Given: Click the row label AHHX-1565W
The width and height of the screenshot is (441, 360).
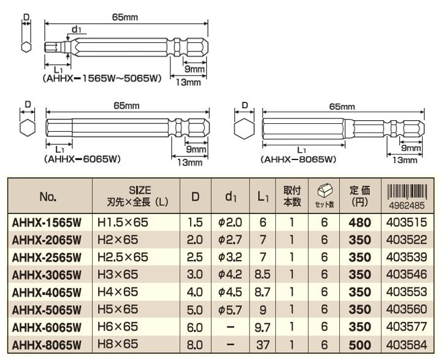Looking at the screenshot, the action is [47, 223].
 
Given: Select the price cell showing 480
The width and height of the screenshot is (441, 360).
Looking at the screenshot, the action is [359, 223].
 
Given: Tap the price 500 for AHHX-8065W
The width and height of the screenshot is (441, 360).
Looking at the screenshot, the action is [359, 345].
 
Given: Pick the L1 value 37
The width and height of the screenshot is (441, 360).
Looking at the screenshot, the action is [263, 345].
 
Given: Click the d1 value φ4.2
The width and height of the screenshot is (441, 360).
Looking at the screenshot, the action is [230, 275].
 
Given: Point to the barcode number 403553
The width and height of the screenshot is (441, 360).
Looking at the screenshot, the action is [407, 292].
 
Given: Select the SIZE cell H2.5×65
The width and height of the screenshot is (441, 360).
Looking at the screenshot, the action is [123, 257].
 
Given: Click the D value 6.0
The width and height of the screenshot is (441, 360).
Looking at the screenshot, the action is [194, 327].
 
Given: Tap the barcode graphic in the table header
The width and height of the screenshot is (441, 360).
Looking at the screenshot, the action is [407, 192].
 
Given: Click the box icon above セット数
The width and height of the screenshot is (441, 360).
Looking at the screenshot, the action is [324, 191].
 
